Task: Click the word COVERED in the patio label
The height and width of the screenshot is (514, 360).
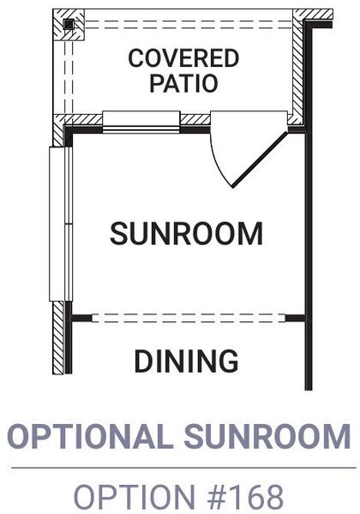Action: [x=183, y=58]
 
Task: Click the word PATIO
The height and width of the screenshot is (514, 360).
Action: [x=183, y=83]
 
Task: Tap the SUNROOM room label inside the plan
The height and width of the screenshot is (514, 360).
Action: [x=186, y=233]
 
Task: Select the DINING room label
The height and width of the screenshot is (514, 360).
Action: [x=186, y=361]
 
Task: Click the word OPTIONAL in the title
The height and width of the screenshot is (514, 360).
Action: [x=91, y=436]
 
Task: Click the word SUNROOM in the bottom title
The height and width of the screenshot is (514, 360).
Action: [x=267, y=436]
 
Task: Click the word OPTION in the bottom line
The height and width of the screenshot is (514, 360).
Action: [x=135, y=496]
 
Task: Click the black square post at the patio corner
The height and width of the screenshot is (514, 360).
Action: [x=69, y=25]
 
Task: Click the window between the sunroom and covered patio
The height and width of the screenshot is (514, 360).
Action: [x=141, y=122]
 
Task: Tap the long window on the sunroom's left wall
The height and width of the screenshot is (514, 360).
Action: [x=61, y=224]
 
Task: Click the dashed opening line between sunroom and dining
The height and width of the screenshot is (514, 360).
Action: [x=189, y=318]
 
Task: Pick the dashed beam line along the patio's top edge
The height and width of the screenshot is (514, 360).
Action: [x=189, y=25]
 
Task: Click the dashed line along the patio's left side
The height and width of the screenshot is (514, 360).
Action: [x=69, y=77]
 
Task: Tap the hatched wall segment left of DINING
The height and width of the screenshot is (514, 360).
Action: [x=58, y=338]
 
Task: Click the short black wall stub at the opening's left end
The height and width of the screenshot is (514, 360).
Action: [x=82, y=318]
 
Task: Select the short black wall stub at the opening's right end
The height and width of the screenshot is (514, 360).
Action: [x=296, y=318]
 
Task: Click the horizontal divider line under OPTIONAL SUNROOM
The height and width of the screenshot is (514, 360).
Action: [x=183, y=468]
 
